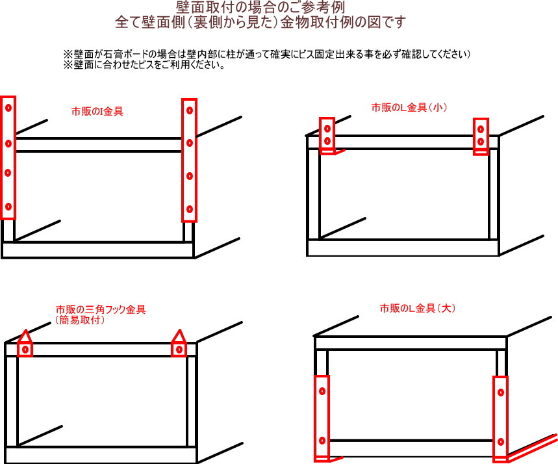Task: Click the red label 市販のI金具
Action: pos(97,112)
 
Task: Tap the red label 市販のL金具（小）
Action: pos(409,107)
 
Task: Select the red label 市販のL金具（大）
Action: pos(418,308)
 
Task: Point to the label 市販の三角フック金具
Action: pos(101,309)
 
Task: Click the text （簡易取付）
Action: pos(80,320)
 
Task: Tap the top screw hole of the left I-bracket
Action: pos(8,107)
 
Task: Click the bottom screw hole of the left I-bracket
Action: pos(8,207)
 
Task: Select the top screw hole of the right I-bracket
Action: pos(190,110)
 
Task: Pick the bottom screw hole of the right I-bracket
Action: pos(190,209)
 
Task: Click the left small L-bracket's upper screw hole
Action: pos(327,129)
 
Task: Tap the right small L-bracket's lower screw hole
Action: pos(481,142)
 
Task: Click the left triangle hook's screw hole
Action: pos(25,350)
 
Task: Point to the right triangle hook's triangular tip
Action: pos(179,330)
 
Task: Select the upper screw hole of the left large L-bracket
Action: pos(322,391)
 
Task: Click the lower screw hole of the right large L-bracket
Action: pos(501,442)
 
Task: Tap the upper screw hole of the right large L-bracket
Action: pos(501,393)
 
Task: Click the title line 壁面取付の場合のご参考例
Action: pos(260,7)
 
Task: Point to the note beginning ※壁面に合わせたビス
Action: pos(144,65)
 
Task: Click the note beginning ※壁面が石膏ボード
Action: pos(267,54)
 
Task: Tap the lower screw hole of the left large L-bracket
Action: pos(322,441)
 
